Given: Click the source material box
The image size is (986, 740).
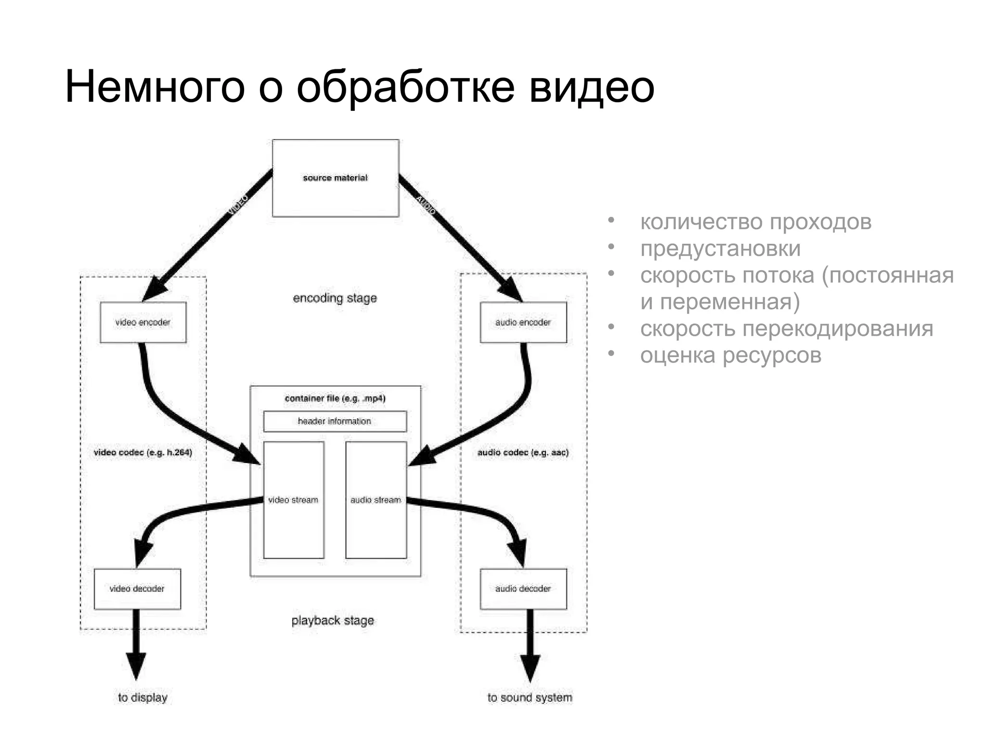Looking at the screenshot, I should pyautogui.click(x=335, y=178).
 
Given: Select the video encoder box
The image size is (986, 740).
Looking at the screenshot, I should pyautogui.click(x=143, y=322).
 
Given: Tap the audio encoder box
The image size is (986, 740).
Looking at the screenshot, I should pyautogui.click(x=523, y=322).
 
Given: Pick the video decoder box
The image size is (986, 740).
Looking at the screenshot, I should pyautogui.click(x=137, y=589).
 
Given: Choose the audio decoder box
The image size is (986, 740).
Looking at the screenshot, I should pyautogui.click(x=523, y=589).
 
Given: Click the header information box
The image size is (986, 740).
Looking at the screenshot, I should pyautogui.click(x=335, y=421).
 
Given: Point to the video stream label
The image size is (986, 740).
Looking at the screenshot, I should pyautogui.click(x=293, y=500).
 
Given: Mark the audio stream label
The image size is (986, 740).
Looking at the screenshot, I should pyautogui.click(x=376, y=500).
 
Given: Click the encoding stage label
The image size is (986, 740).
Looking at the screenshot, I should pyautogui.click(x=335, y=298).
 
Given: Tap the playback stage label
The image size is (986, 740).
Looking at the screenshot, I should pyautogui.click(x=333, y=621).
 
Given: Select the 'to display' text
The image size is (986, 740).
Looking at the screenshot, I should pyautogui.click(x=143, y=698).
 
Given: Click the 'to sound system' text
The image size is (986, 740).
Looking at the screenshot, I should pyautogui.click(x=530, y=698).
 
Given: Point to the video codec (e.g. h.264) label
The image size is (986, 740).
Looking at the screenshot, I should pyautogui.click(x=143, y=452).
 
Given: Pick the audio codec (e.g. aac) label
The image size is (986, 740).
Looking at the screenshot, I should pyautogui.click(x=523, y=452).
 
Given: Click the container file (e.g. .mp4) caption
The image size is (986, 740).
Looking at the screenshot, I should pyautogui.click(x=335, y=398).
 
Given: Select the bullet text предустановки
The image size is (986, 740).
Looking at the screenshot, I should pyautogui.click(x=720, y=249).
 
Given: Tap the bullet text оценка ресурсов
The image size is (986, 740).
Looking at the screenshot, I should pyautogui.click(x=730, y=356).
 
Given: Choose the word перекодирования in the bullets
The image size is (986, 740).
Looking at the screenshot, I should pyautogui.click(x=838, y=329).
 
